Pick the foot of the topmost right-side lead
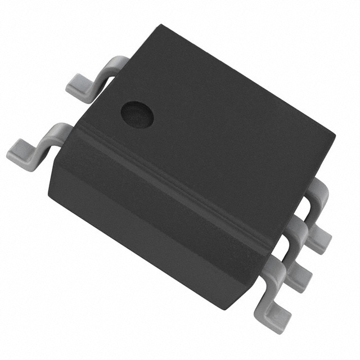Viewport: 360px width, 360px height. point(318,238)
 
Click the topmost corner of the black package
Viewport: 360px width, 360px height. point(161,25)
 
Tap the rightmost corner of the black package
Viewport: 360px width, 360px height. point(335,135)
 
